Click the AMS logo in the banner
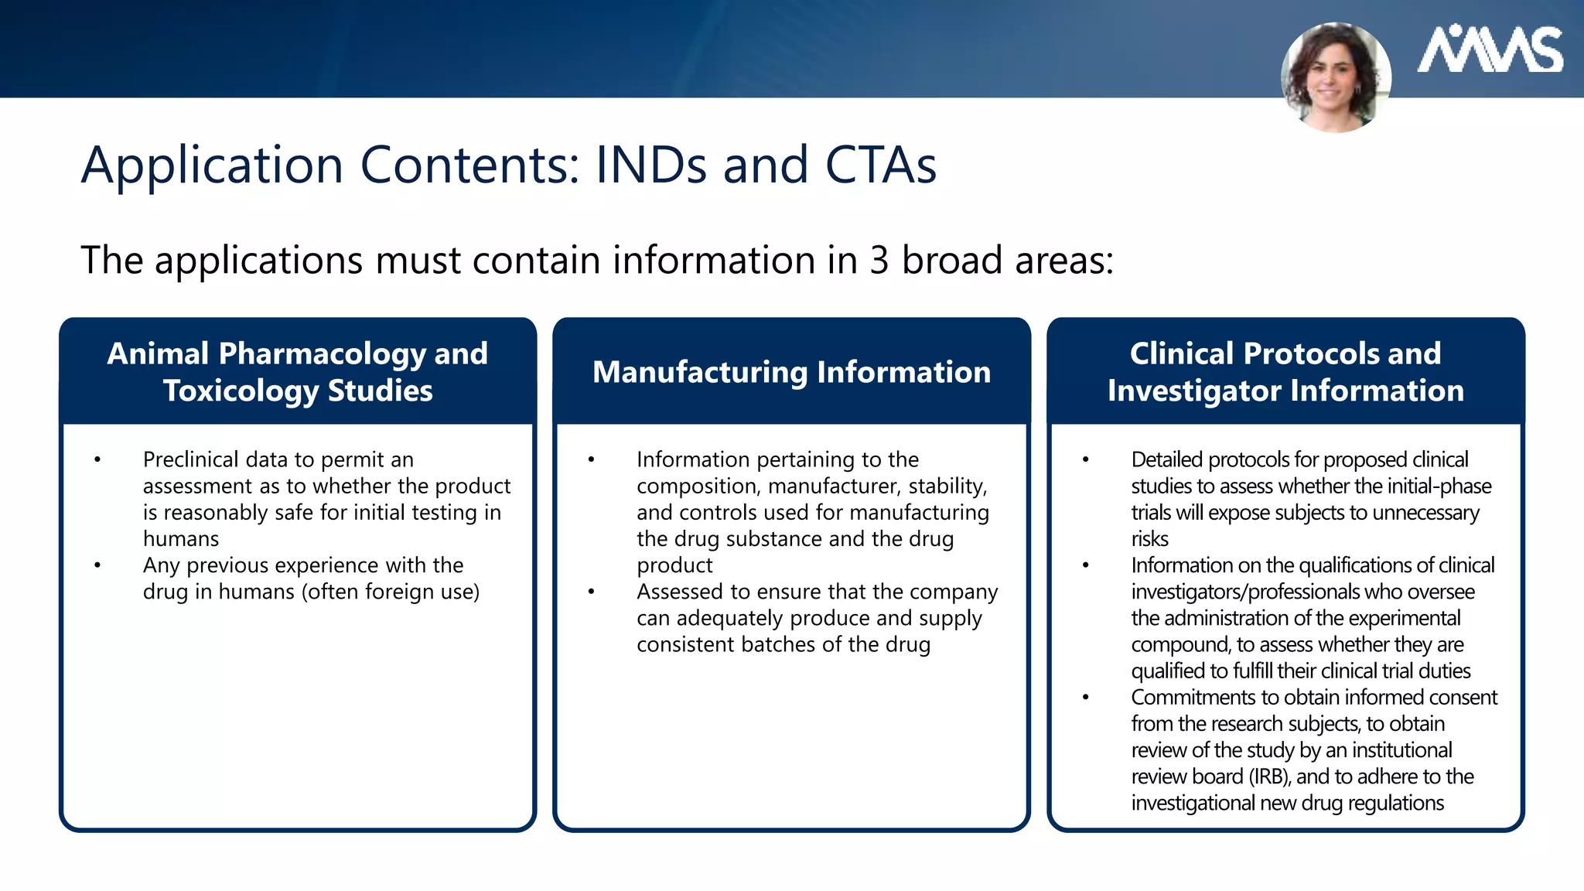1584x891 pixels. coord(1489,50)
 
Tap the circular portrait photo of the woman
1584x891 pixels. coord(1336,77)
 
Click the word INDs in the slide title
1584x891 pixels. coord(650,165)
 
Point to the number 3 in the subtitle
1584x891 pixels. coord(879,260)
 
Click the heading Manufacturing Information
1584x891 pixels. coord(791,372)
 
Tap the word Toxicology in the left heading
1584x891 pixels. coord(241,391)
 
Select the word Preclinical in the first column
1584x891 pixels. coord(190,459)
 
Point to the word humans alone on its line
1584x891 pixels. coord(181,538)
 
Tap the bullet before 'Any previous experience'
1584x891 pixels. coord(97,565)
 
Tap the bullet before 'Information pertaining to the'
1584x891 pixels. coord(592,459)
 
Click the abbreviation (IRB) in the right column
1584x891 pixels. coord(1269,777)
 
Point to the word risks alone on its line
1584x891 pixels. coord(1149,538)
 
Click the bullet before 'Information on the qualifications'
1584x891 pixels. coord(1086,565)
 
